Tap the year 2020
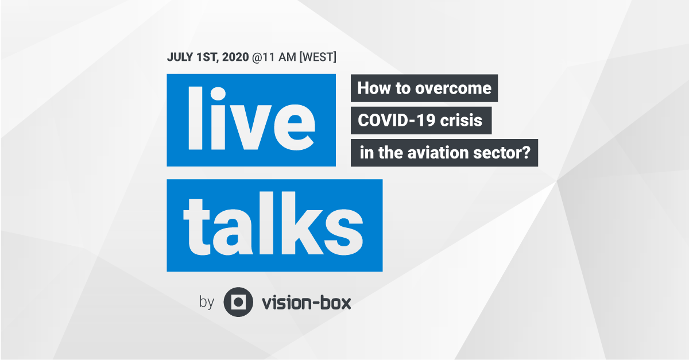(235, 57)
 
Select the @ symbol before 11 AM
(257, 57)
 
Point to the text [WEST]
(318, 57)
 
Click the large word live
(251, 118)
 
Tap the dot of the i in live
(218, 94)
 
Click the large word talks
(273, 224)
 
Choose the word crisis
(461, 121)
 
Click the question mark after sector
(526, 153)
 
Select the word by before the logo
(206, 303)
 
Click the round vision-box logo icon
(238, 302)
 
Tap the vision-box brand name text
(306, 303)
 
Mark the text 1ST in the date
(207, 57)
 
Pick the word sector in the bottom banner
(497, 153)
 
